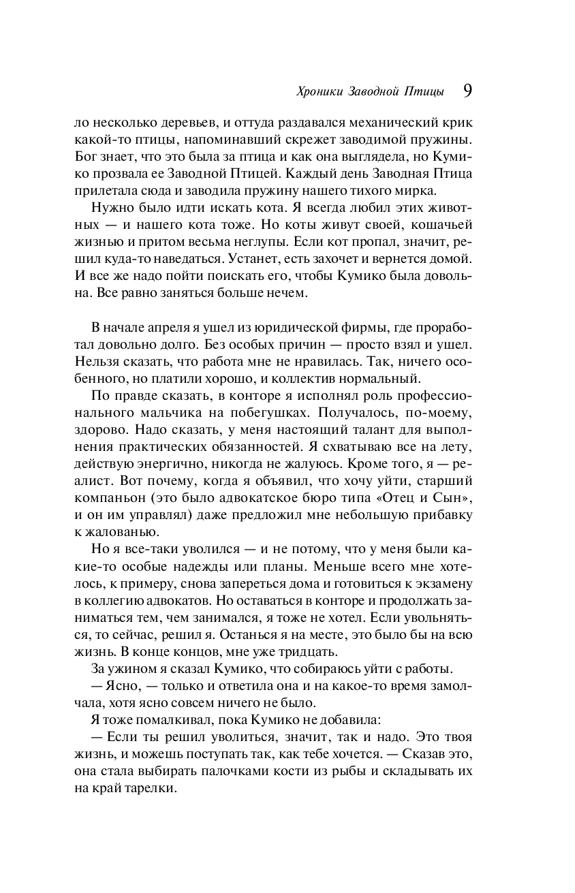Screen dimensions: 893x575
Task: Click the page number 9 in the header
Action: (468, 91)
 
